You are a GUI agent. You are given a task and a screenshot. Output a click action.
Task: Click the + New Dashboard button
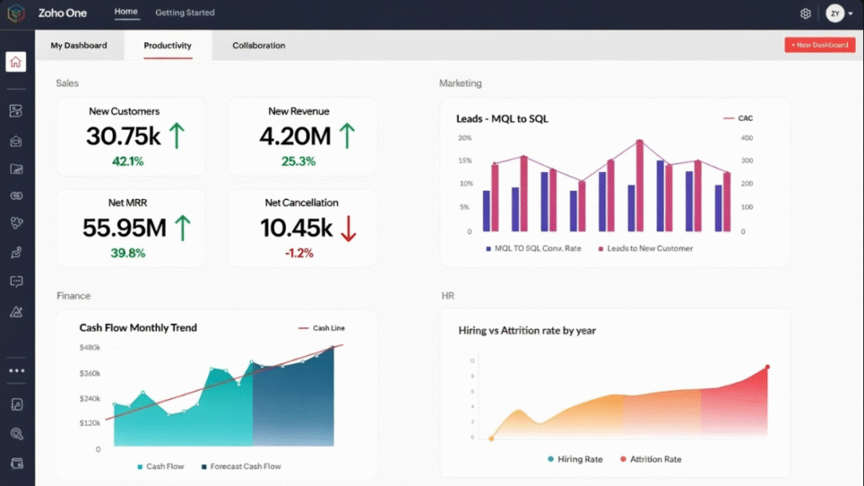[x=819, y=45]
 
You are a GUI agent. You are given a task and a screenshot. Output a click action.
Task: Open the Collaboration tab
[x=258, y=46]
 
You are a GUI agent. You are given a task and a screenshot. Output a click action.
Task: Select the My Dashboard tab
[x=78, y=46]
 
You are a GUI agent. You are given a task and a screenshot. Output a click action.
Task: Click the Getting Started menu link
[x=185, y=13]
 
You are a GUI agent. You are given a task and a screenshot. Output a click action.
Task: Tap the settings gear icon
[x=805, y=13]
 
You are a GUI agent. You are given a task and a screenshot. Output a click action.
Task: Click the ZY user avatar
[x=834, y=13]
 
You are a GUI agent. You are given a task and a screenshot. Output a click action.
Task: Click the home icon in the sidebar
[x=16, y=62]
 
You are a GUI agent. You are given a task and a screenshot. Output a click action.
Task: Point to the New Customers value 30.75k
[x=122, y=136]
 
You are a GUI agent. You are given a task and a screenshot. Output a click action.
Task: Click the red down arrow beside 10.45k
[x=347, y=227]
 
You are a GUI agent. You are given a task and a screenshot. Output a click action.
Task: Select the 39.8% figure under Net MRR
[x=127, y=253]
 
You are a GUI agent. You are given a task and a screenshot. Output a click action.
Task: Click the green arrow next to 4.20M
[x=346, y=136]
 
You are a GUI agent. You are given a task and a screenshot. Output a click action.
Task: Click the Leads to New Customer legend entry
[x=645, y=249]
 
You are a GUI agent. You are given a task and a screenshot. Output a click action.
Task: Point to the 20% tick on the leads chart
[x=464, y=138]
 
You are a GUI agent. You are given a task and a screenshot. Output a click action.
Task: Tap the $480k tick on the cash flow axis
[x=89, y=348]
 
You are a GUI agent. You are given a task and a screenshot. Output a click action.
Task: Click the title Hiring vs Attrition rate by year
[x=526, y=331]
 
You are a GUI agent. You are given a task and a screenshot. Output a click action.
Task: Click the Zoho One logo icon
[x=16, y=13]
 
